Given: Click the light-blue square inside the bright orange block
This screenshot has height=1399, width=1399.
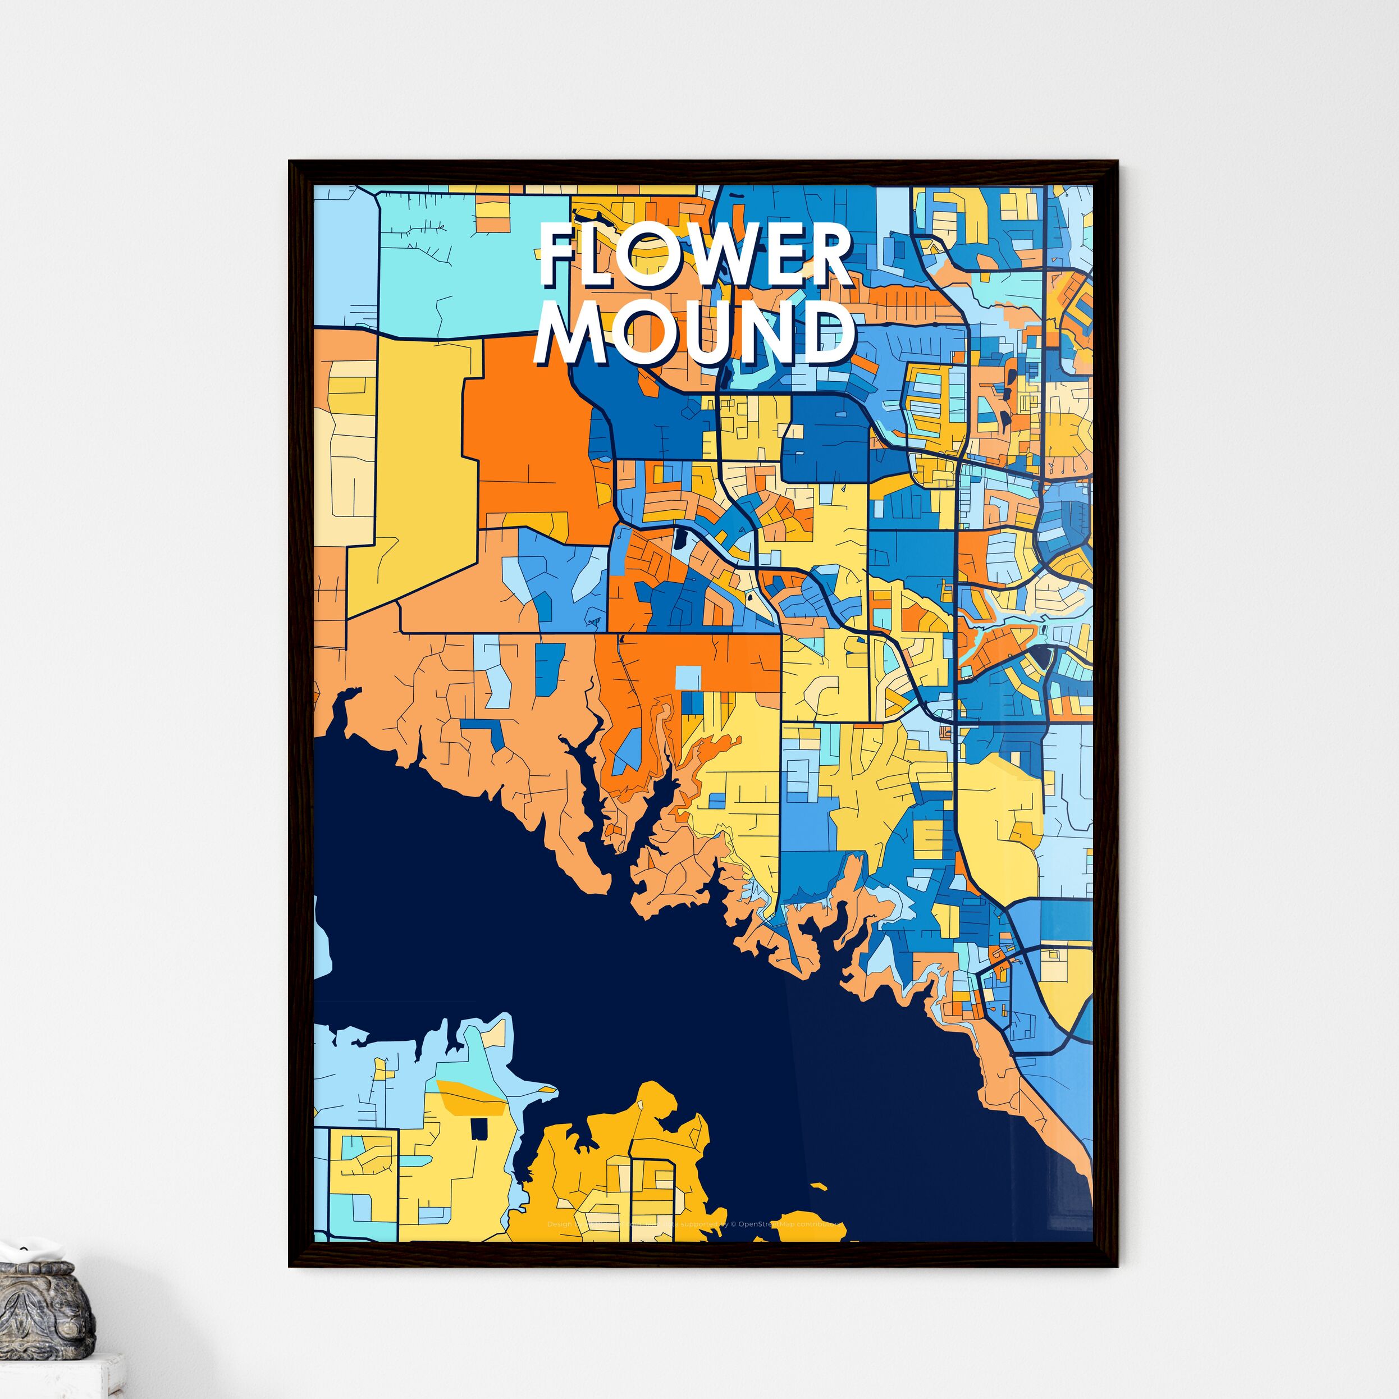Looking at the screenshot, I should coord(688,678).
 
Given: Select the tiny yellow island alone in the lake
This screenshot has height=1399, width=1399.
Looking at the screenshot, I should coord(819,1187).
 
